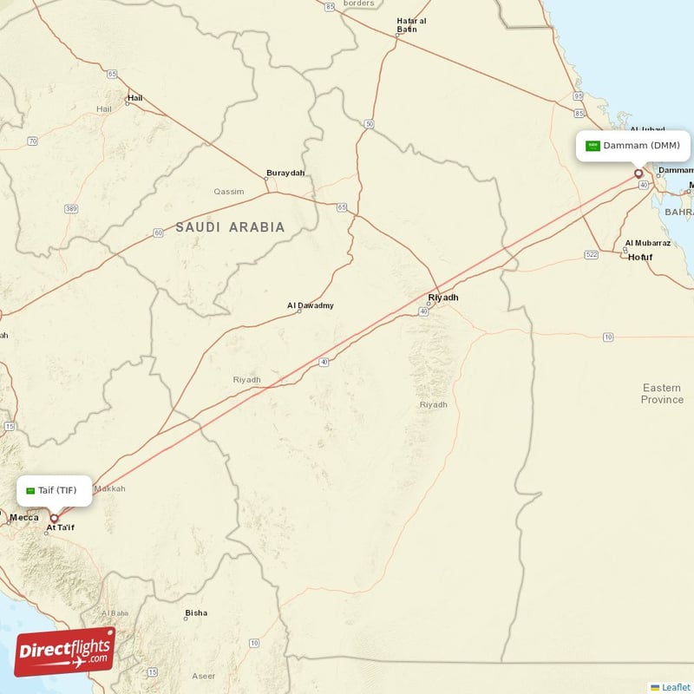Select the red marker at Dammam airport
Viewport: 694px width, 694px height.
[639, 173]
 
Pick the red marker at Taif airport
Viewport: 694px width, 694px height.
[54, 518]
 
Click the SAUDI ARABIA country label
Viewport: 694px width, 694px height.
[230, 227]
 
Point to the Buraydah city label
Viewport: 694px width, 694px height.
[285, 173]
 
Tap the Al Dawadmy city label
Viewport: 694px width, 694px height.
[310, 305]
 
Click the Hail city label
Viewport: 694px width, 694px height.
[134, 98]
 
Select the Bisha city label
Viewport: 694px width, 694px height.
[196, 612]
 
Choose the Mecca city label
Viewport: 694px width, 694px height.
[23, 518]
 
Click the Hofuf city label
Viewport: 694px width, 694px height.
[640, 258]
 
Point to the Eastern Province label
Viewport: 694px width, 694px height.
[662, 394]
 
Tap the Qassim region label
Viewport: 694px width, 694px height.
[228, 191]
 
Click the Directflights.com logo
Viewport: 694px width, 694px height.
[65, 651]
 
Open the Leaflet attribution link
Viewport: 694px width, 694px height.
[676, 687]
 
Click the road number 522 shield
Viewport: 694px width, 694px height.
[592, 254]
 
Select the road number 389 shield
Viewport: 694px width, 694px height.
[71, 209]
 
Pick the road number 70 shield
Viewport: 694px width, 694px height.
[32, 141]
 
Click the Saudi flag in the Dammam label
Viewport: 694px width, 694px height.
[593, 146]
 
